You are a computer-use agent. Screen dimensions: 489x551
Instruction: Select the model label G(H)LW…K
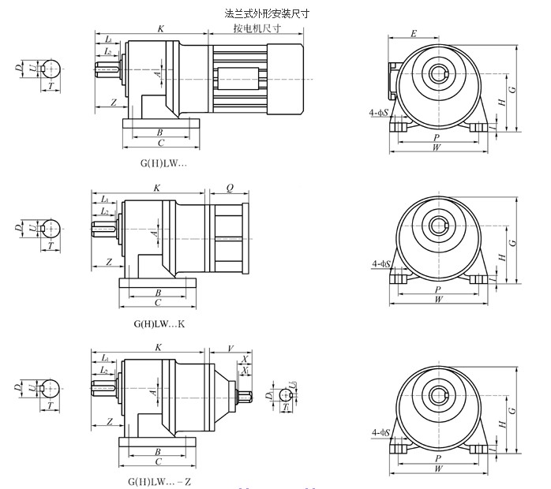click(160, 323)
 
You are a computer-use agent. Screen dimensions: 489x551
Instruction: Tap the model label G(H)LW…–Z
click(160, 480)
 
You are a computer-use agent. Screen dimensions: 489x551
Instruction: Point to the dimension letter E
click(414, 35)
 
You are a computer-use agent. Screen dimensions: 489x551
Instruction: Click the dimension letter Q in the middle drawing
click(229, 189)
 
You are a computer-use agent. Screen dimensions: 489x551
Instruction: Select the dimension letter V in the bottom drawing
click(230, 347)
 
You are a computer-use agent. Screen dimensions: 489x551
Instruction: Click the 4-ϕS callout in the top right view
click(383, 112)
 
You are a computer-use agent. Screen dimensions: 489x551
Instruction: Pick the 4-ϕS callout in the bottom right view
click(383, 431)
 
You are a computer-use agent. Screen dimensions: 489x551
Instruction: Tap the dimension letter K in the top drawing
click(161, 28)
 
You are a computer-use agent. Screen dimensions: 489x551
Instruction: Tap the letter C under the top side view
click(160, 144)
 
